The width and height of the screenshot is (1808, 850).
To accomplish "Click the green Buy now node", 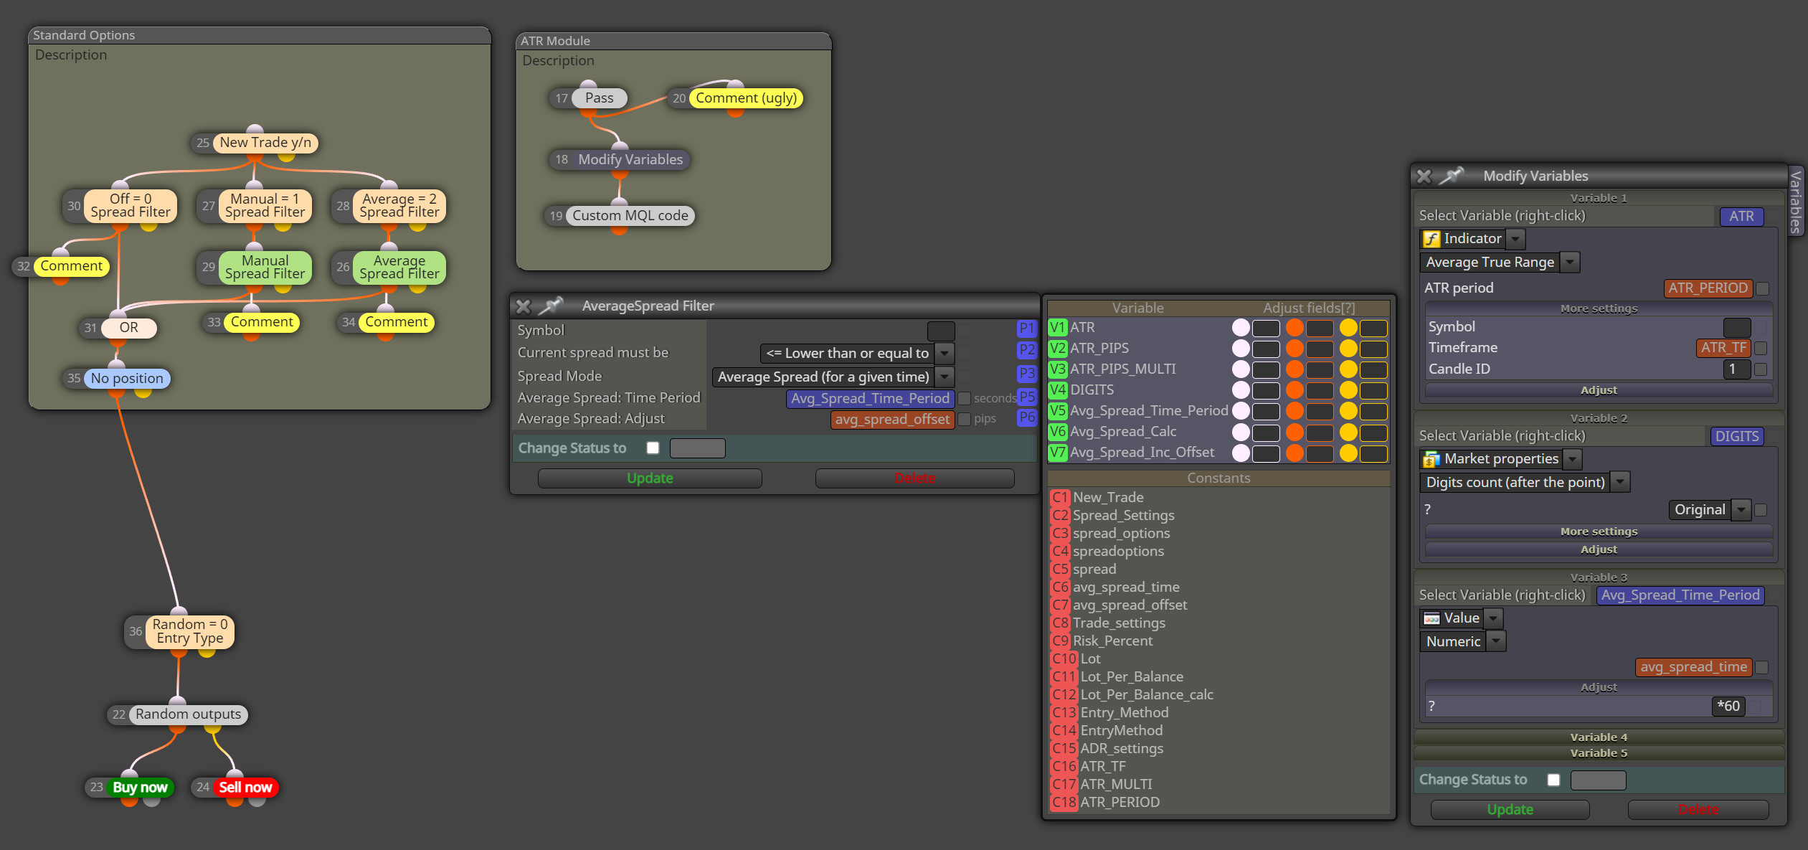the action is tap(140, 787).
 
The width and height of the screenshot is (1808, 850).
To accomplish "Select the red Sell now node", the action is tap(245, 787).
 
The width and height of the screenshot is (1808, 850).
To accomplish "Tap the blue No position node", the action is tap(127, 378).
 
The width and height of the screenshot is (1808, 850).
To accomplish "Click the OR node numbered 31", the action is tap(128, 328).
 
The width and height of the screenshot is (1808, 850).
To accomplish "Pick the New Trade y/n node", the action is tap(265, 143).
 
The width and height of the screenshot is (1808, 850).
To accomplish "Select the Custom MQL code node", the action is tap(630, 215).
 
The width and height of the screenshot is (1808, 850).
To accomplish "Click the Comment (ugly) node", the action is tap(746, 98).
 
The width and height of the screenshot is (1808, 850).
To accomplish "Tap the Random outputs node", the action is tap(188, 714).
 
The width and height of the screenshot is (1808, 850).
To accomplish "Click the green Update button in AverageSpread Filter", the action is tap(650, 478).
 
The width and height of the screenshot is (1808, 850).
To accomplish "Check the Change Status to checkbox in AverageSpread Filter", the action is tap(653, 448).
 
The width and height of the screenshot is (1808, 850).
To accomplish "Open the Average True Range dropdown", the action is tap(1500, 263).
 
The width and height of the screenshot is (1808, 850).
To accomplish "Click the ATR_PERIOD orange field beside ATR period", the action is tap(1708, 288).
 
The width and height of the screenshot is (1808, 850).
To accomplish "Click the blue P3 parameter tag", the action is tap(1027, 373).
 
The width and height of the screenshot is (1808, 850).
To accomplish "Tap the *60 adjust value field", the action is tap(1728, 706).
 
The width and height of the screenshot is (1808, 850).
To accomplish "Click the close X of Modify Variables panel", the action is tap(1424, 176).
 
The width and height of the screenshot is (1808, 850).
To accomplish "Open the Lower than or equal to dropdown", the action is tap(856, 353).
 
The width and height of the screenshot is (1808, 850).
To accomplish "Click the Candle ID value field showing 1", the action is tap(1736, 369).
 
